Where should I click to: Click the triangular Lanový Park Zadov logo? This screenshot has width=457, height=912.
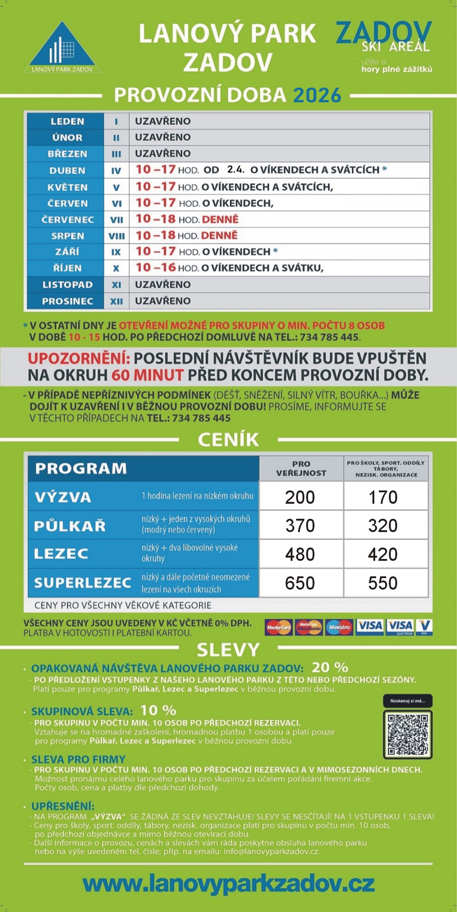(62, 48)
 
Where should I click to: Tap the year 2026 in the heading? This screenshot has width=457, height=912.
(317, 95)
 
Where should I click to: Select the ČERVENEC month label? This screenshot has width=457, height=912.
(67, 220)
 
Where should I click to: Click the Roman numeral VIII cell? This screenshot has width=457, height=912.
(117, 236)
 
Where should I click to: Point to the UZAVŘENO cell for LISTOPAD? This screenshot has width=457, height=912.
(163, 285)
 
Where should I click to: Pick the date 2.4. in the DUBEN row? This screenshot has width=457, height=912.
(235, 169)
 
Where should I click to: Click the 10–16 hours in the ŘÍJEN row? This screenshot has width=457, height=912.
(156, 268)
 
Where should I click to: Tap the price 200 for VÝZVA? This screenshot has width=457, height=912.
(300, 497)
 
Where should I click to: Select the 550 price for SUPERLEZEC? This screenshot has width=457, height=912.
(383, 583)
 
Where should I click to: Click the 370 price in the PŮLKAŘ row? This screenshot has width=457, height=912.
(300, 526)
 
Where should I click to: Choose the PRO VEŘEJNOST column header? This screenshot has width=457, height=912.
(301, 469)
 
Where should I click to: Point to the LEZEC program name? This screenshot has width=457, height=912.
(61, 554)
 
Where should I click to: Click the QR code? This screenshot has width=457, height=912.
(408, 734)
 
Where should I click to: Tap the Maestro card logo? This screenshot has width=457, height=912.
(339, 627)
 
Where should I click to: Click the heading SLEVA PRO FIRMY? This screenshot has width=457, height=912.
(78, 759)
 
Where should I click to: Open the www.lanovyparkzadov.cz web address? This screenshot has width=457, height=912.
(228, 883)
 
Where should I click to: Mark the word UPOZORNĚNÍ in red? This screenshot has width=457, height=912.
(79, 358)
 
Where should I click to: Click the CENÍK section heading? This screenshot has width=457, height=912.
(228, 440)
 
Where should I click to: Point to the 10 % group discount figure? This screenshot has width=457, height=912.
(158, 711)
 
